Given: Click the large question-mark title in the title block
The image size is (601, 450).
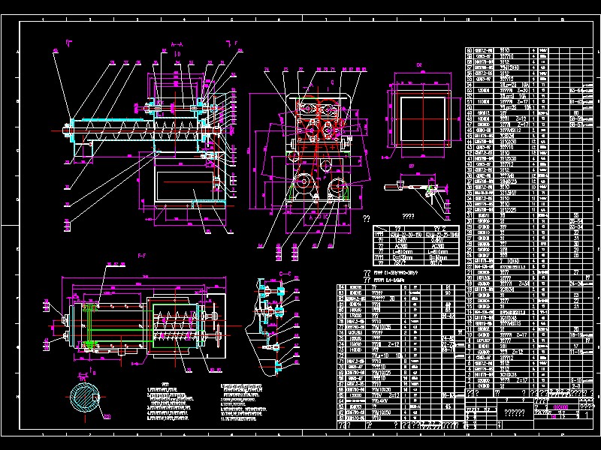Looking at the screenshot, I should [514, 412].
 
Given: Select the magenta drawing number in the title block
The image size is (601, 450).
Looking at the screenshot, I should [566, 406].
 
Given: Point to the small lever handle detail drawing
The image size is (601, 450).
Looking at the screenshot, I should [412, 187].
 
